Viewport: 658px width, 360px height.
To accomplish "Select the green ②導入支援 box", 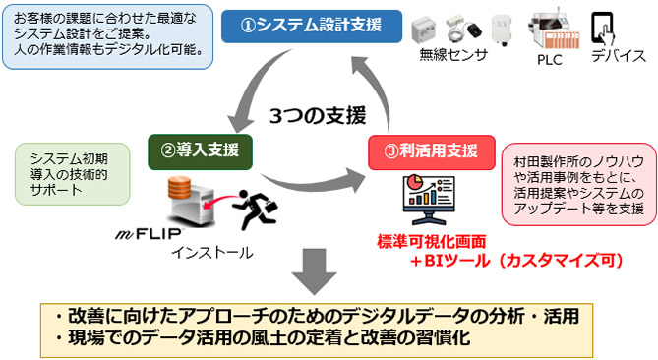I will [x=200, y=150].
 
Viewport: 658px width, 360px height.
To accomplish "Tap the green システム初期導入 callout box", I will [x=65, y=172].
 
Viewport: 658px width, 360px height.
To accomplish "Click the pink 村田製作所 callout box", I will [x=577, y=186].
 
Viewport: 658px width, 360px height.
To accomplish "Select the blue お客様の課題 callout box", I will [x=108, y=34].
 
